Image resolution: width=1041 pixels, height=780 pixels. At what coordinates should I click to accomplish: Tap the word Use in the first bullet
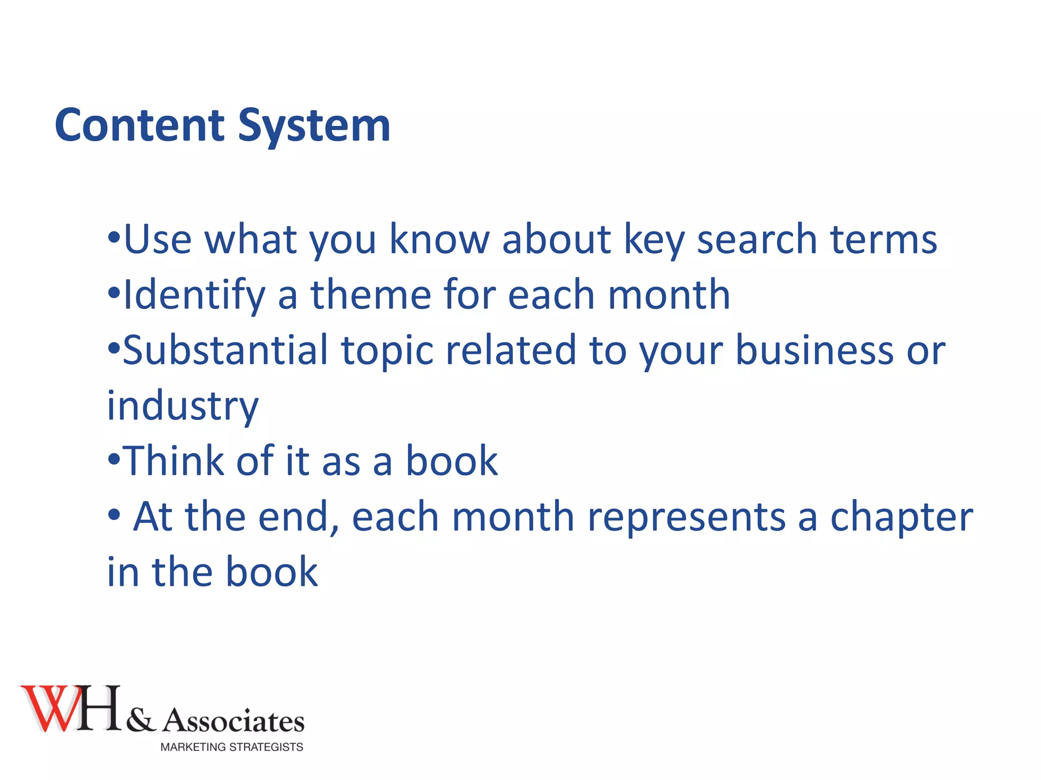tap(158, 239)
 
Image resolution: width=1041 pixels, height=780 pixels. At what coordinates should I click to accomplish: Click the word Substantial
tap(226, 350)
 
